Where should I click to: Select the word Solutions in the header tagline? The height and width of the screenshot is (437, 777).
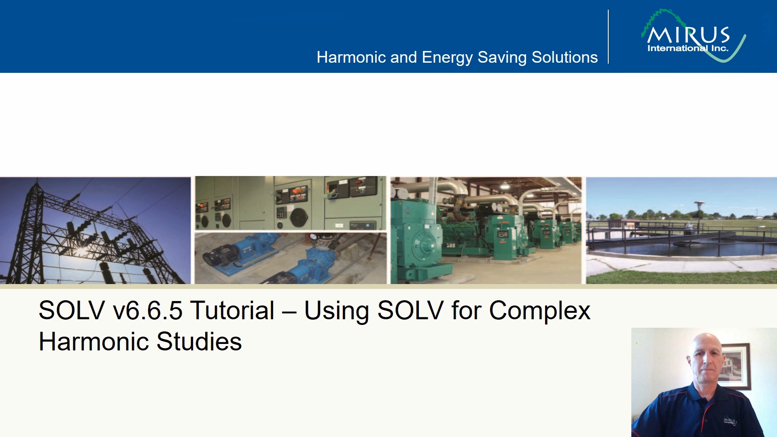pos(565,57)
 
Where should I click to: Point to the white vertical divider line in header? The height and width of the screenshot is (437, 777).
pos(608,37)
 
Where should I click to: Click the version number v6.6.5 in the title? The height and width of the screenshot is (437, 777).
pos(148,311)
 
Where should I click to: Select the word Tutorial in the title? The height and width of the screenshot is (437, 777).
pos(233,310)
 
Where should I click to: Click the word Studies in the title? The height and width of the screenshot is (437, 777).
pos(199,342)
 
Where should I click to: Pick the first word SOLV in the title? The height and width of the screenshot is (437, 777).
pos(72,310)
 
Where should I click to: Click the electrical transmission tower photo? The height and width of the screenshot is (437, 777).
pos(95,230)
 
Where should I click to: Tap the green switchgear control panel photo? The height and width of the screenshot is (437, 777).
pos(291,203)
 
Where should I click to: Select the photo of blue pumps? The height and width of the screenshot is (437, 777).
pos(291,258)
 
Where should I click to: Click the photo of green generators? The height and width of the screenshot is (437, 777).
pos(486,230)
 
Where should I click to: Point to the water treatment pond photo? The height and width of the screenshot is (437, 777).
pos(681,230)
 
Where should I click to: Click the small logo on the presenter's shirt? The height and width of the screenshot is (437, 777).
pos(730,421)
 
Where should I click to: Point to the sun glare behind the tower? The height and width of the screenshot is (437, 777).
pos(81,251)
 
